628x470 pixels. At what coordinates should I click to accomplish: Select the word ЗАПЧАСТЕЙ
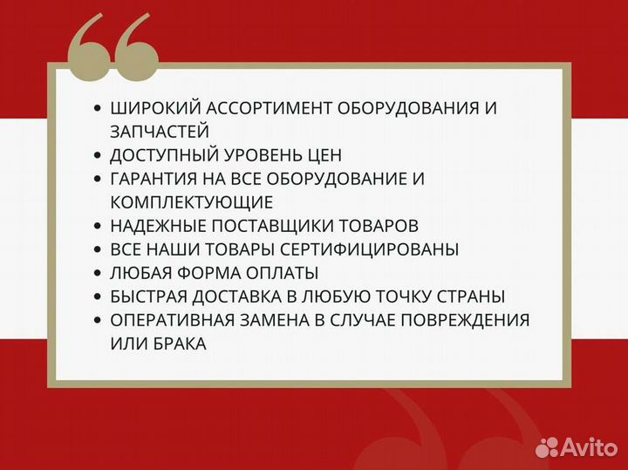tap(160, 132)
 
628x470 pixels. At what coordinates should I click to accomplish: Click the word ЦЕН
tap(322, 155)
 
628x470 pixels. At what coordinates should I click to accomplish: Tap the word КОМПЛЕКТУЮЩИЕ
tap(191, 202)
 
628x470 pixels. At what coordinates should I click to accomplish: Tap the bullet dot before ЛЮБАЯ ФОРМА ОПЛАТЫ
tap(97, 273)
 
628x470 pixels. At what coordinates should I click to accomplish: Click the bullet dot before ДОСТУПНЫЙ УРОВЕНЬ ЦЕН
tap(97, 155)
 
